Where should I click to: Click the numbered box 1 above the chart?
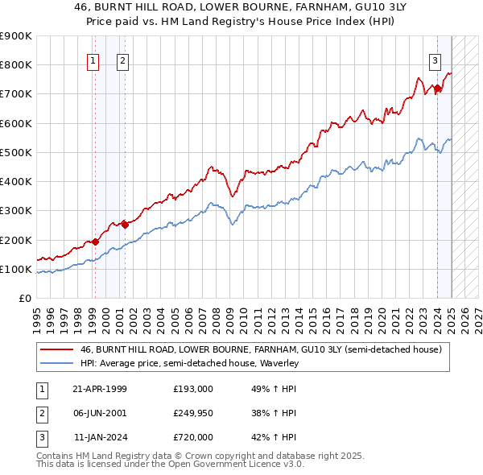point(93,60)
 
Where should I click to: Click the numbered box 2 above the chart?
point(122,60)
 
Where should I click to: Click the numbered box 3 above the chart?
point(435,60)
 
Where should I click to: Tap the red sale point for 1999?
point(95,241)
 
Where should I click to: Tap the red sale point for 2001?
point(125,225)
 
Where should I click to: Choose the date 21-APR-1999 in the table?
point(100,389)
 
